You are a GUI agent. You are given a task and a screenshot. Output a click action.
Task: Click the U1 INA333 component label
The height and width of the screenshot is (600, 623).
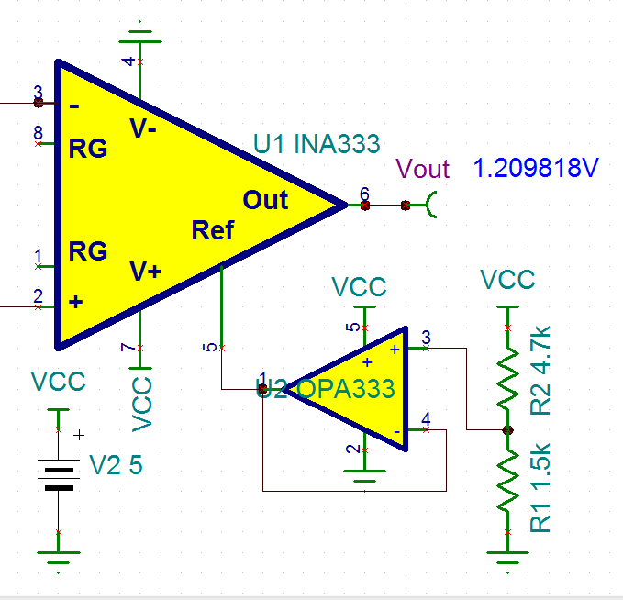(x=317, y=144)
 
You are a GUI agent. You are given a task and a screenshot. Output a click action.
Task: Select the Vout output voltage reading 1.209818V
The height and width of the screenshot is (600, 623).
(x=536, y=169)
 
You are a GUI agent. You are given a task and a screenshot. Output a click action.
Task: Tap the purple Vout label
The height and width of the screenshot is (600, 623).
(x=422, y=169)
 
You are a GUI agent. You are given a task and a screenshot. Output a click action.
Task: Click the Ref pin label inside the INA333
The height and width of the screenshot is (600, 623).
(x=212, y=230)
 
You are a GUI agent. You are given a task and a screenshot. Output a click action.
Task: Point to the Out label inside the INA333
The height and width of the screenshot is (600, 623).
(x=265, y=200)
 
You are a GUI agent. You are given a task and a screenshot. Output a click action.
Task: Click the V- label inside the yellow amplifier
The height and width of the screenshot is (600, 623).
(x=143, y=129)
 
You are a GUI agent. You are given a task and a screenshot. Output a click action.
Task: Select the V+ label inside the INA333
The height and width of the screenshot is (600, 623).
(x=145, y=272)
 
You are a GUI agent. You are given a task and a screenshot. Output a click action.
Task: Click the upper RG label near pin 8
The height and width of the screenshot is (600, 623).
(x=88, y=149)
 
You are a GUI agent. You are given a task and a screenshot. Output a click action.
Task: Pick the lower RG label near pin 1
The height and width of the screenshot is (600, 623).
(x=88, y=251)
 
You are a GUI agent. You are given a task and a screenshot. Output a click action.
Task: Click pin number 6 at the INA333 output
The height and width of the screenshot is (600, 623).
(x=364, y=194)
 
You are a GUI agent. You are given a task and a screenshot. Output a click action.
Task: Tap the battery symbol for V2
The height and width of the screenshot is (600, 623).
(x=59, y=478)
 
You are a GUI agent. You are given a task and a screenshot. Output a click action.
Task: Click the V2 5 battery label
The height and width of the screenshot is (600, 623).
(x=116, y=466)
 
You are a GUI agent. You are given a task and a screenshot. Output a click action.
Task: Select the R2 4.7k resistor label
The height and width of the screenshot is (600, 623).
(x=541, y=369)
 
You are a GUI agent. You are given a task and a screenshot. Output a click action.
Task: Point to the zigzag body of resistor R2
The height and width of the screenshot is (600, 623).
(x=508, y=373)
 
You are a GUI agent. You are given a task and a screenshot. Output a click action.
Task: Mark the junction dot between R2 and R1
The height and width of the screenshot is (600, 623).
(x=508, y=429)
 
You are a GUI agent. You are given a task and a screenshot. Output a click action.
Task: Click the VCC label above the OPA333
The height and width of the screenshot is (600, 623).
(x=359, y=287)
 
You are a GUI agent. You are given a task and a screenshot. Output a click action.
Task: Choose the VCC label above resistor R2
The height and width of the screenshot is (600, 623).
(x=507, y=279)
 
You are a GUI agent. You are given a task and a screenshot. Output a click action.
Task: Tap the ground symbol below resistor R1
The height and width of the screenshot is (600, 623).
(x=508, y=558)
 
